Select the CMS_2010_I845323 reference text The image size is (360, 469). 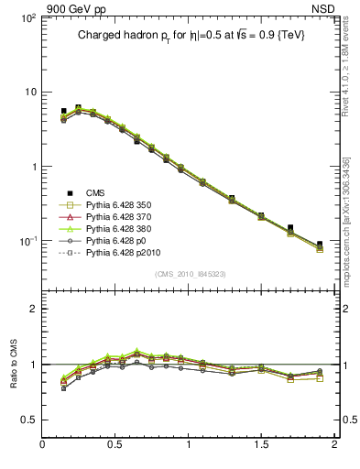(x=189, y=274)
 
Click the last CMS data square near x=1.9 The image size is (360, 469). (x=320, y=245)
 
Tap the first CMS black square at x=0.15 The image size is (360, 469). (x=64, y=111)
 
